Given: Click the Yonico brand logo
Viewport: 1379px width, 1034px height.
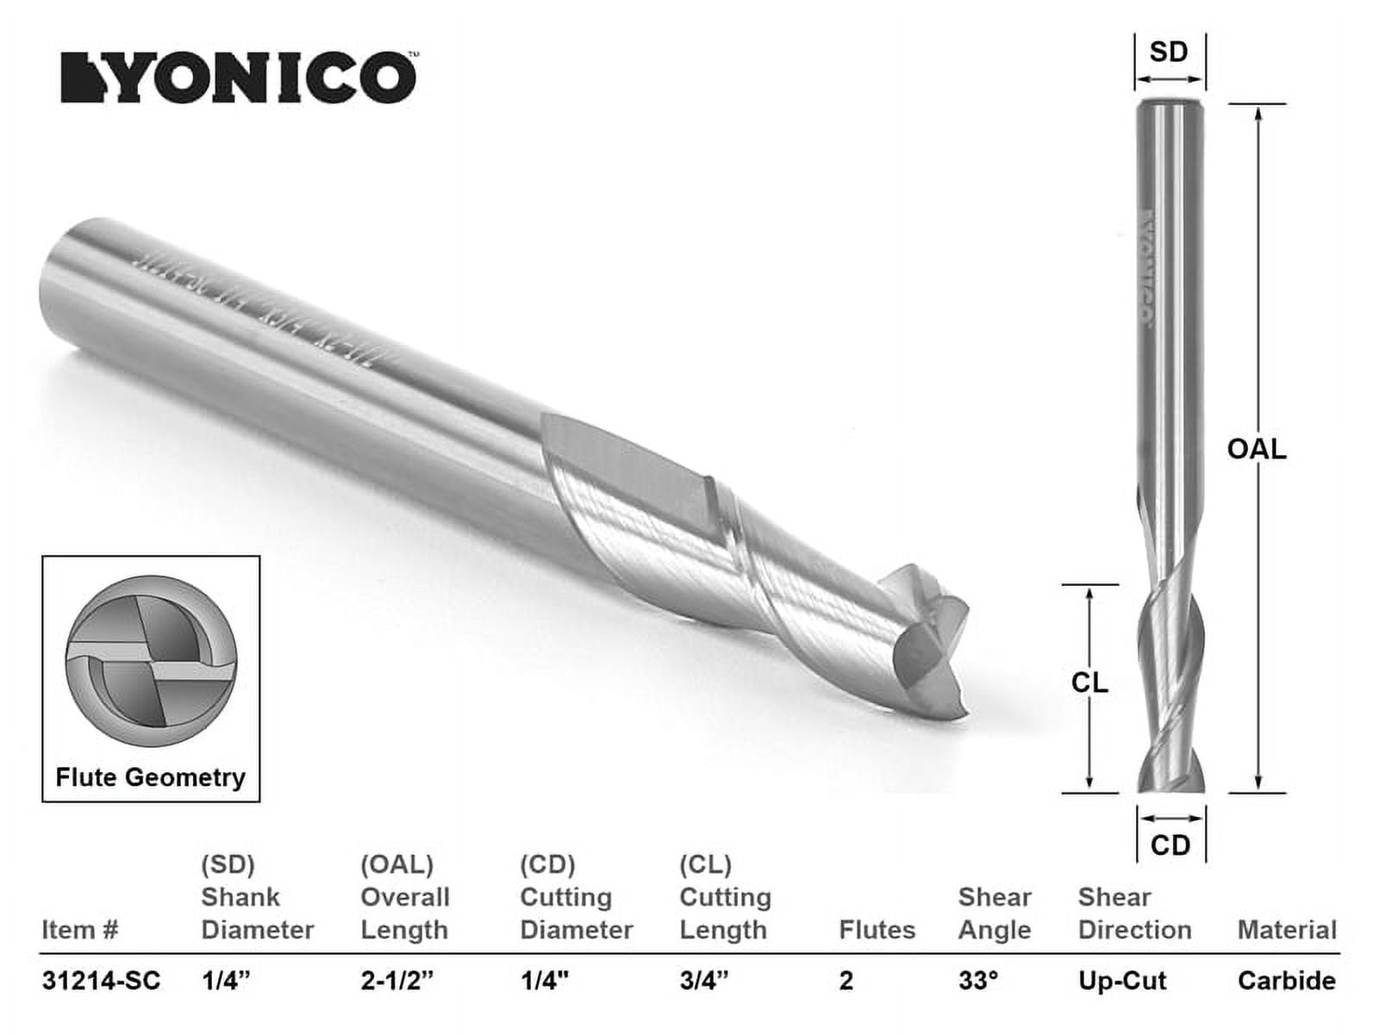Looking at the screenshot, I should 239,78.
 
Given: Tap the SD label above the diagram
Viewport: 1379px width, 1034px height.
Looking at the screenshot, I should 1169,52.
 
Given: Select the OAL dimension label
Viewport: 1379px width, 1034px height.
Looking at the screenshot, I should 1257,449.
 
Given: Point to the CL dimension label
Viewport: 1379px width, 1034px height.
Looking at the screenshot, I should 1089,683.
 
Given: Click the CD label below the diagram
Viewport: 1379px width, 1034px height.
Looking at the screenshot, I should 1170,845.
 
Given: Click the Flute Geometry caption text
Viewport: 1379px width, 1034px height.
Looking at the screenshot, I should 151,777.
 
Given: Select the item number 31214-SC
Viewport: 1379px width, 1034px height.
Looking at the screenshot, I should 101,981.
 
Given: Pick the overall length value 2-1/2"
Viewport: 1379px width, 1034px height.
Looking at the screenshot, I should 397,981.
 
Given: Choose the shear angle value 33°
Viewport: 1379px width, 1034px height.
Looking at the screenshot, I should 978,981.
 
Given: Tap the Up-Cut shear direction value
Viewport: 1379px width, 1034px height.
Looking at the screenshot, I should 1122,981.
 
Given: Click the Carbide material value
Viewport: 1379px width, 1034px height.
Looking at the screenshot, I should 1287,981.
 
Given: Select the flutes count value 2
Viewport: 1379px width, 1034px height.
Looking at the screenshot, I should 846,981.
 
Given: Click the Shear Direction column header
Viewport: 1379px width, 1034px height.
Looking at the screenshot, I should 1134,913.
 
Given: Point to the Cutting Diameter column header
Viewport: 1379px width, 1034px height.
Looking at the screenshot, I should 576,913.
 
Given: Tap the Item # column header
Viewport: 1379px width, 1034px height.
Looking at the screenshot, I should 79,931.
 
